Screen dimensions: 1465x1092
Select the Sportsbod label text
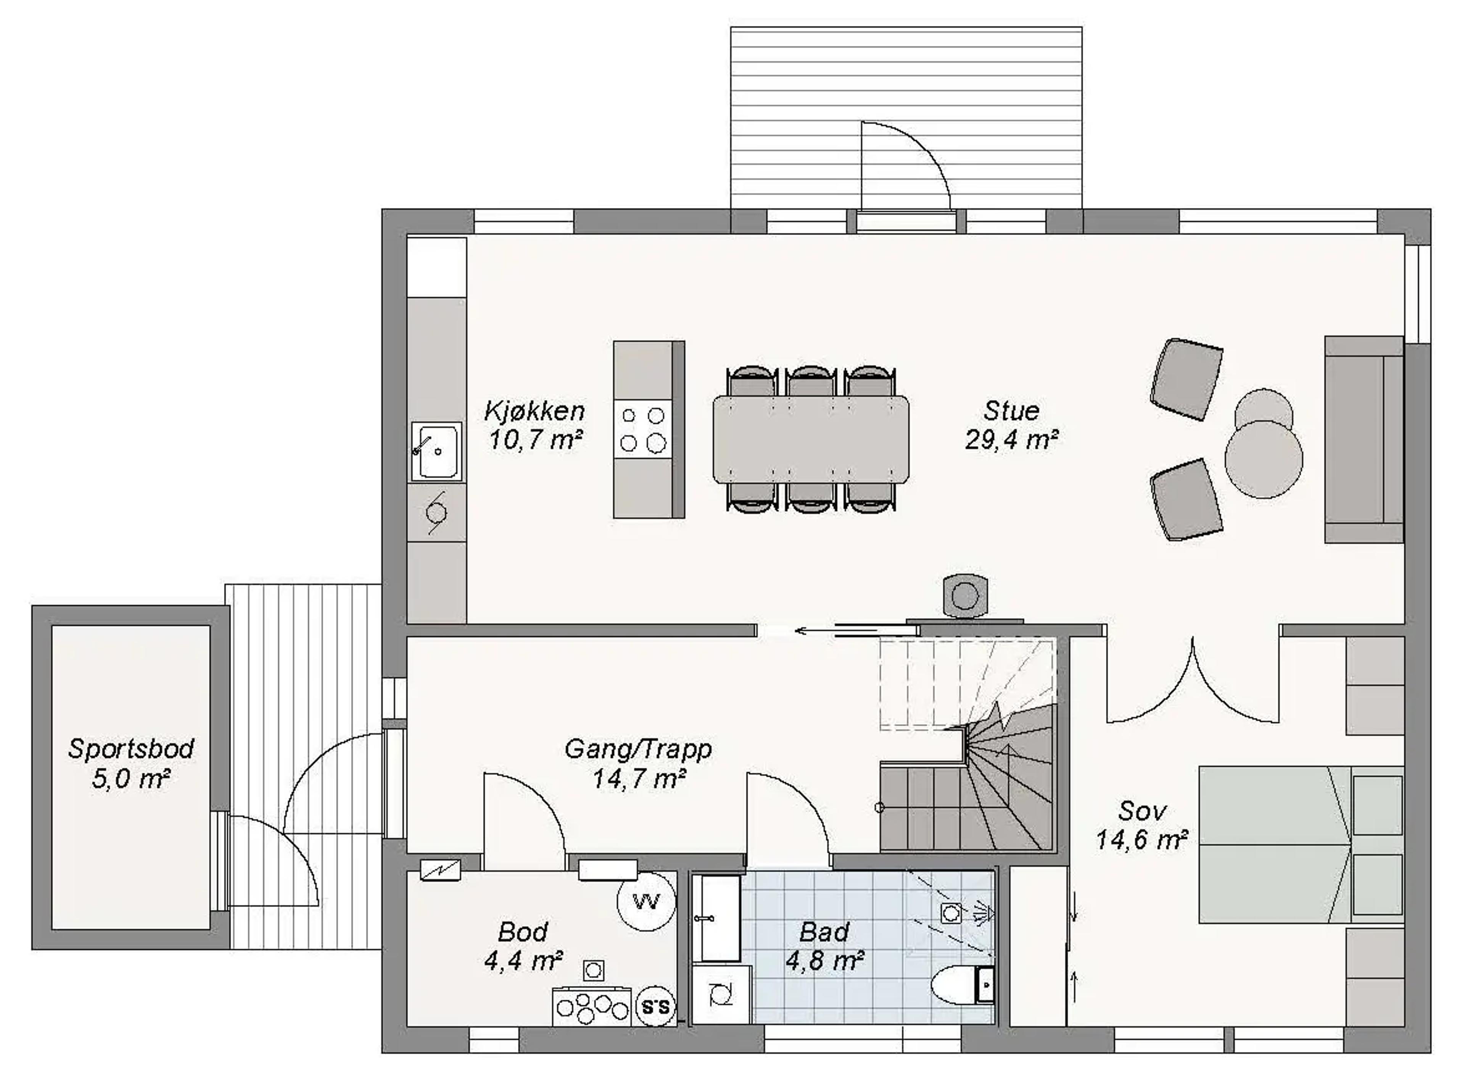[x=131, y=749]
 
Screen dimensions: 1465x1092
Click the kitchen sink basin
[x=436, y=451]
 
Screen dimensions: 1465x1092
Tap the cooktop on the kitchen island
[x=642, y=429]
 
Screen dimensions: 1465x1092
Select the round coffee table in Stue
[x=1264, y=459]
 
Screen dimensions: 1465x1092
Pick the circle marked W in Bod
[x=647, y=901]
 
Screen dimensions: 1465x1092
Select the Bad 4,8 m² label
[x=824, y=947]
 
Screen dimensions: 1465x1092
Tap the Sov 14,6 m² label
[x=1142, y=825]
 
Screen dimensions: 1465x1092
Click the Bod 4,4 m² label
[x=523, y=947]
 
